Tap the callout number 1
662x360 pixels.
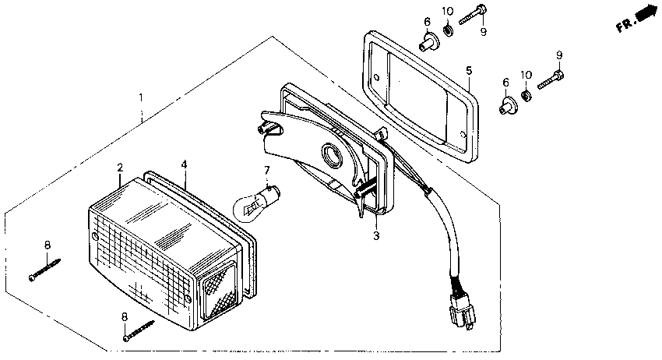tap(141, 98)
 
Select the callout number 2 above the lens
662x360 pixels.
tap(120, 168)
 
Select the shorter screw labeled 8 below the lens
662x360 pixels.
tap(139, 330)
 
